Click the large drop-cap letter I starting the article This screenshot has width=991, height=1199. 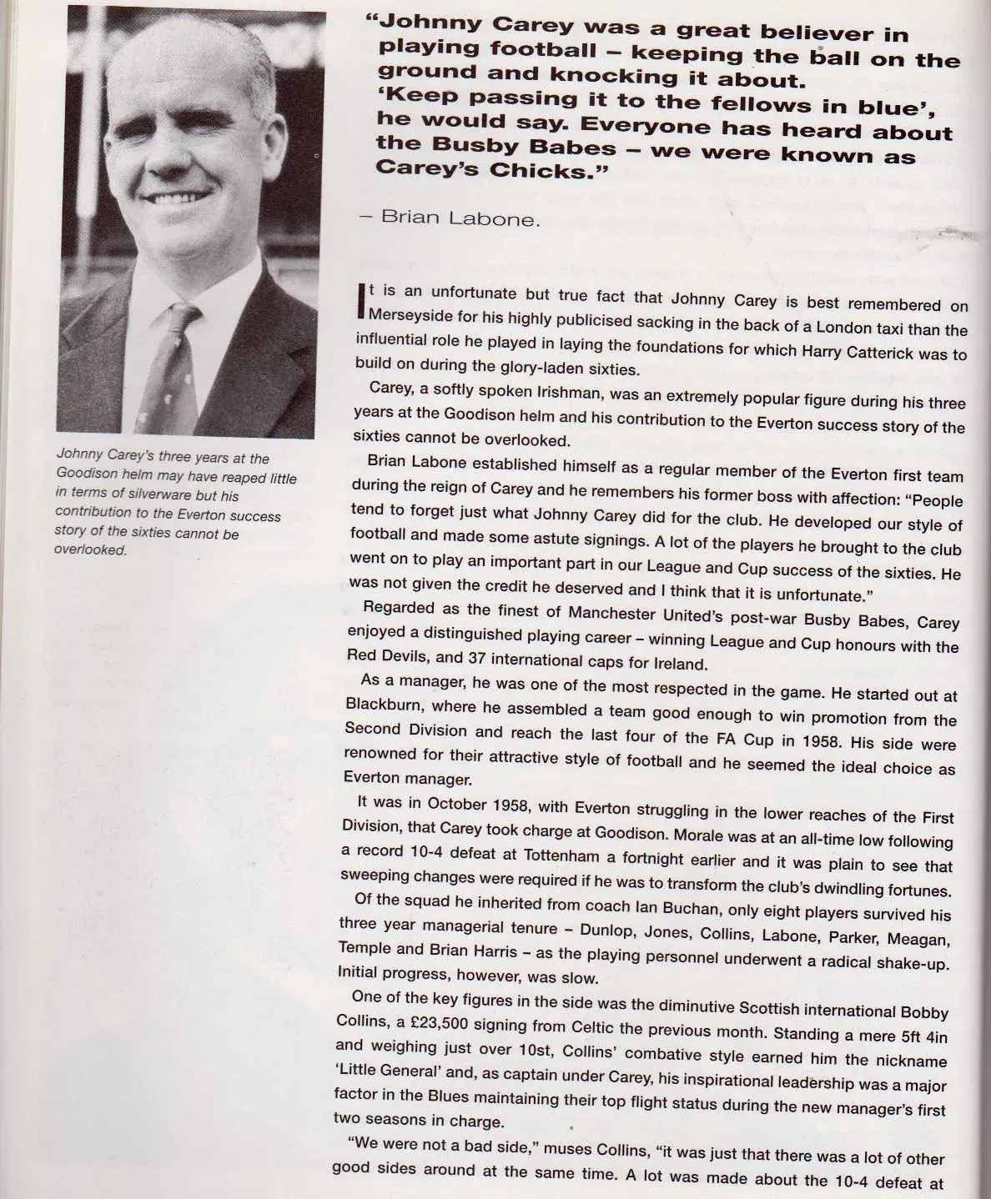click(360, 304)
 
